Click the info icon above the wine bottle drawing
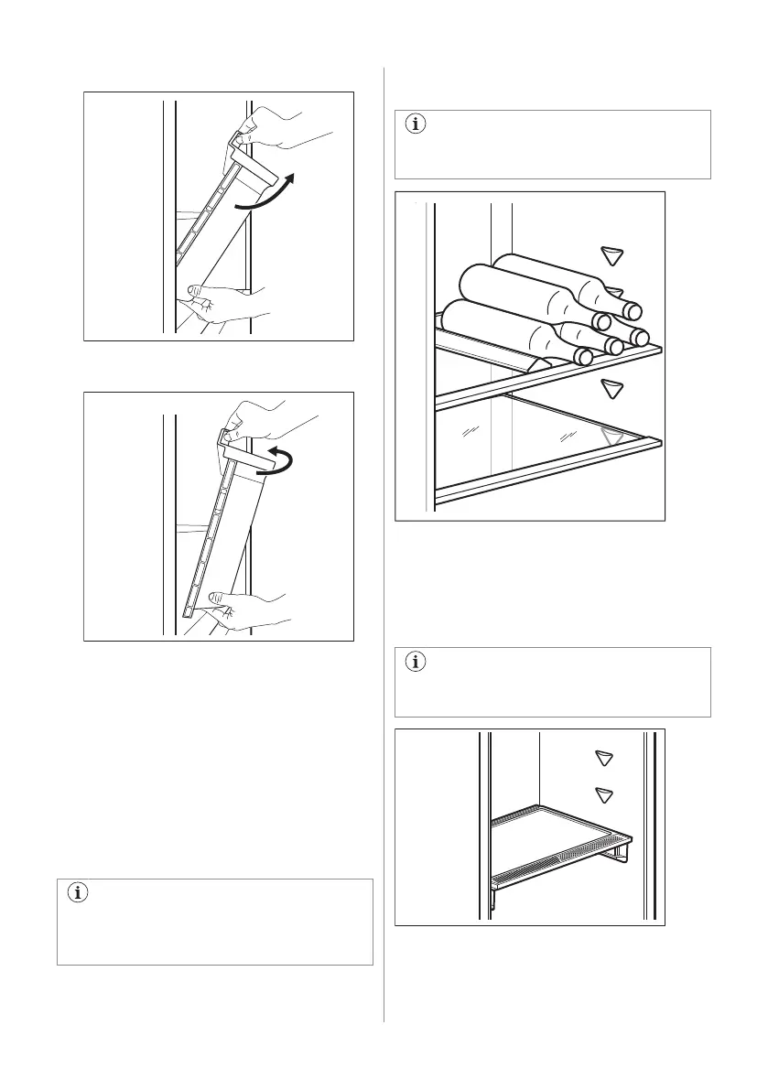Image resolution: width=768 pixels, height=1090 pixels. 415,125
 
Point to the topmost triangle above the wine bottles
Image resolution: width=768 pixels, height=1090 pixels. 612,256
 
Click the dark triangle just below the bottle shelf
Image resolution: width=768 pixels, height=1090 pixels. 612,391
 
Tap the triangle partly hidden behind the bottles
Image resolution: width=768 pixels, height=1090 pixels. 616,292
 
